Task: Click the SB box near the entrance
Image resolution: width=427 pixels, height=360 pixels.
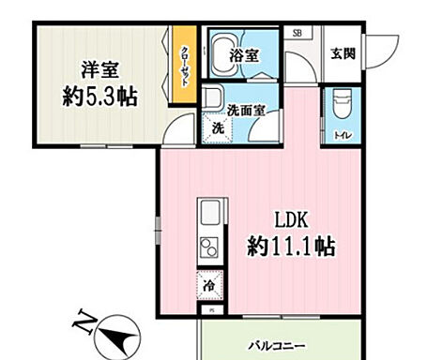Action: point(297,33)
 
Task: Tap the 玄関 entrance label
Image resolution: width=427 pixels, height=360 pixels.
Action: point(343,53)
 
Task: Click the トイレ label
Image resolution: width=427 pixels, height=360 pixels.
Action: point(339,135)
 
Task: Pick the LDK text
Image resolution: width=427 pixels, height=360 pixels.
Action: point(292,221)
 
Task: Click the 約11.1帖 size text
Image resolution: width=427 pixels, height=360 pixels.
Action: point(292,248)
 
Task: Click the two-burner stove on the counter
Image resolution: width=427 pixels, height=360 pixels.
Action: point(208,249)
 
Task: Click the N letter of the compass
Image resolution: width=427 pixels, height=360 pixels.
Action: point(83,327)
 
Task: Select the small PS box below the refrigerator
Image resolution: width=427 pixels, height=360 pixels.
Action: point(210,309)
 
